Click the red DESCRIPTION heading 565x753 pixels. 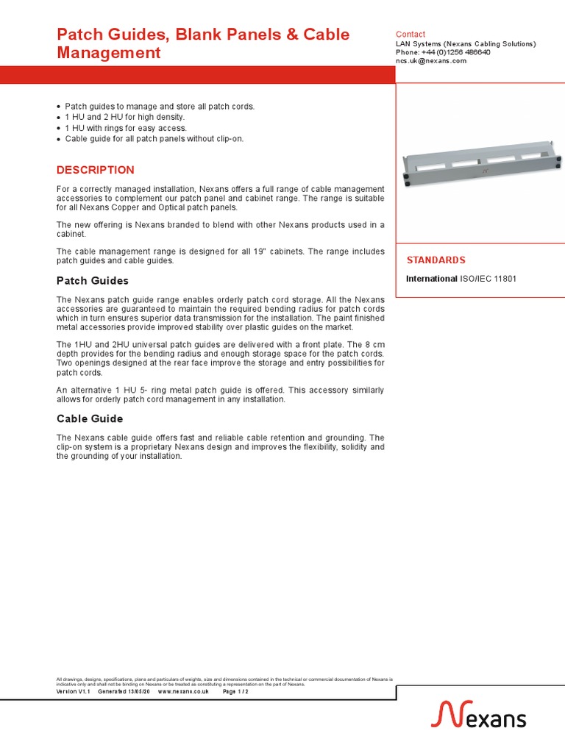point(96,170)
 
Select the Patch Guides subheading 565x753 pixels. point(93,281)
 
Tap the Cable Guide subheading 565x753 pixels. point(90,418)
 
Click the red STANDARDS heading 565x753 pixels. point(436,260)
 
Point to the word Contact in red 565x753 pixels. point(411,35)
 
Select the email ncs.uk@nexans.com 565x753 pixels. point(431,61)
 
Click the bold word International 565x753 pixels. point(432,279)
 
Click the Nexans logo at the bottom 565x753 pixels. point(478,714)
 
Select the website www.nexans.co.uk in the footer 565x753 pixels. point(184,692)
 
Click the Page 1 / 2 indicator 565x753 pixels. point(235,692)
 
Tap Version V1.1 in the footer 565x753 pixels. point(74,692)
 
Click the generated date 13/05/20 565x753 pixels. point(138,692)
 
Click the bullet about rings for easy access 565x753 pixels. point(126,128)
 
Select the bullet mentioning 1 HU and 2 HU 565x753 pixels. point(125,117)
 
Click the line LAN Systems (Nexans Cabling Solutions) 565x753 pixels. point(466,44)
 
